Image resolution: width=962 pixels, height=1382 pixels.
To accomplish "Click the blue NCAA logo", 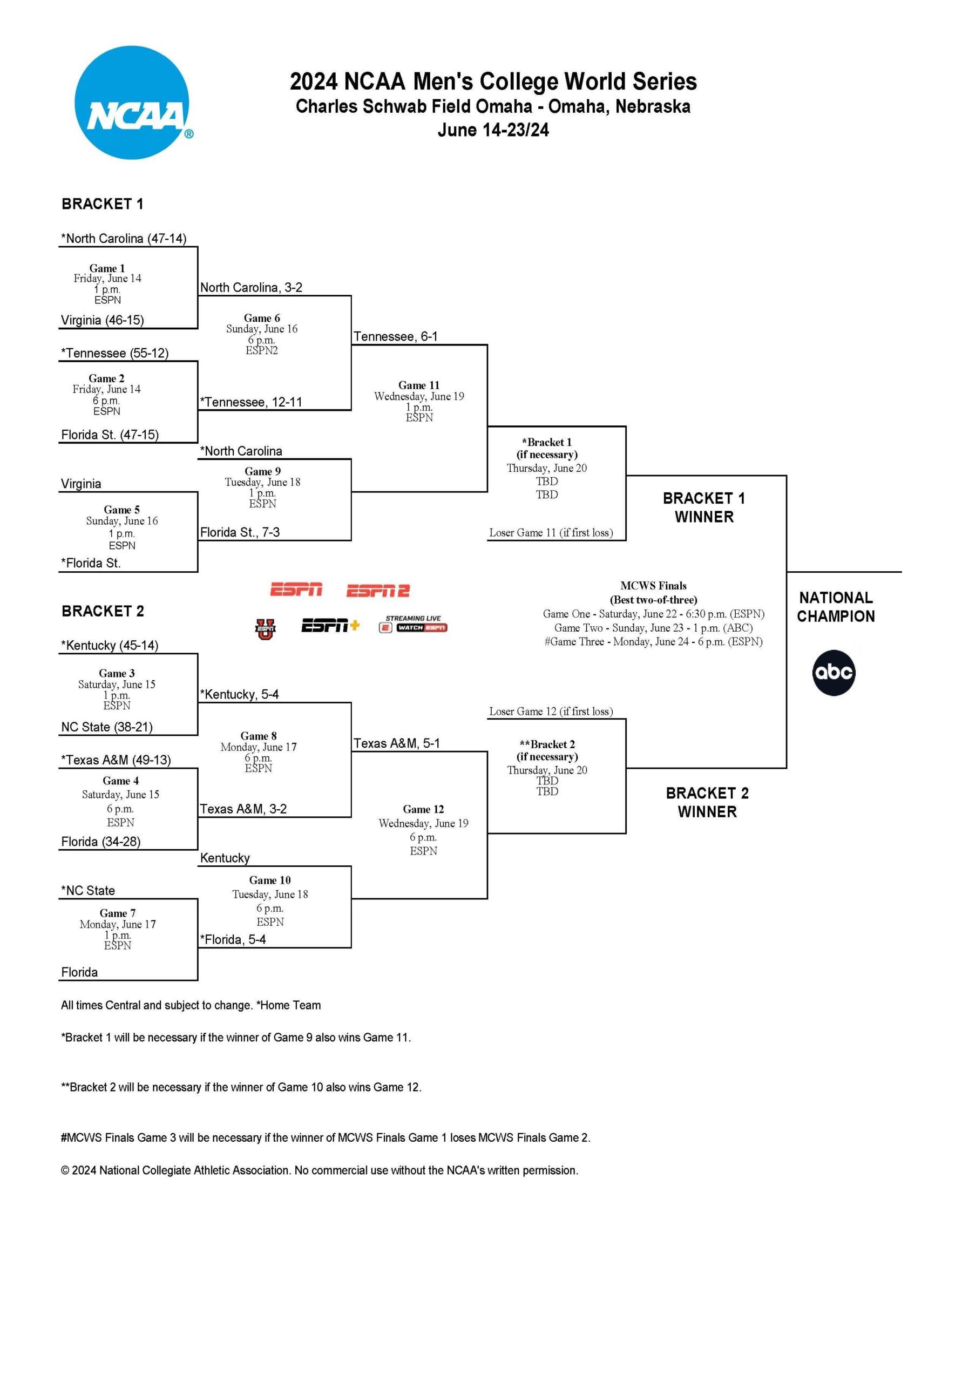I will click(x=131, y=103).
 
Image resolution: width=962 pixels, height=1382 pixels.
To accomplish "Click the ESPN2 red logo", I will click(x=377, y=591).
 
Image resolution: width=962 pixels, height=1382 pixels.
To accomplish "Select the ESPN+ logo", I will click(x=330, y=626).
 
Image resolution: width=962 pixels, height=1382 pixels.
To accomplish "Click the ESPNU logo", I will click(x=265, y=629).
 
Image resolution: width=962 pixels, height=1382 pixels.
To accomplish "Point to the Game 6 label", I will click(x=262, y=318).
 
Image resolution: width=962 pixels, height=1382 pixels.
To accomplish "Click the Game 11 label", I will click(x=419, y=385).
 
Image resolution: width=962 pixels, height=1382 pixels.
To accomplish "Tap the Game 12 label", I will click(x=423, y=809).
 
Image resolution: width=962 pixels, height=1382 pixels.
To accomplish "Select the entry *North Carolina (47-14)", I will click(x=124, y=239).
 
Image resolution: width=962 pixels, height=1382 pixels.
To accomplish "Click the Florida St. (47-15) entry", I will click(x=110, y=435).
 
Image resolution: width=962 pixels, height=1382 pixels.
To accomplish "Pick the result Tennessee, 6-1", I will click(x=396, y=336).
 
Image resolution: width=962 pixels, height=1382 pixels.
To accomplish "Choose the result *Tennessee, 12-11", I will click(x=251, y=402).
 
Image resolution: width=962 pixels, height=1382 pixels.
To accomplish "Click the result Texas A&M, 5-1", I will click(x=397, y=743).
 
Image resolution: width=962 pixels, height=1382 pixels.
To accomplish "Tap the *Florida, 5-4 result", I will click(x=233, y=939).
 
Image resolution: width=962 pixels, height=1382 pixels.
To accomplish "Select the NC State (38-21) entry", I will click(x=106, y=727).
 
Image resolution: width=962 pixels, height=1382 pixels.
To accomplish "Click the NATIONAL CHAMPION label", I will click(x=836, y=607).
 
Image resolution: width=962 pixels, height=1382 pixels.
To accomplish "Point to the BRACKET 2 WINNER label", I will click(x=707, y=802).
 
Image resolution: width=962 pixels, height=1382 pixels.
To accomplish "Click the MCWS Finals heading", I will click(x=653, y=586).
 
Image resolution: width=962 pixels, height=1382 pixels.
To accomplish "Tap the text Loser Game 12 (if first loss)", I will click(x=551, y=712).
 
